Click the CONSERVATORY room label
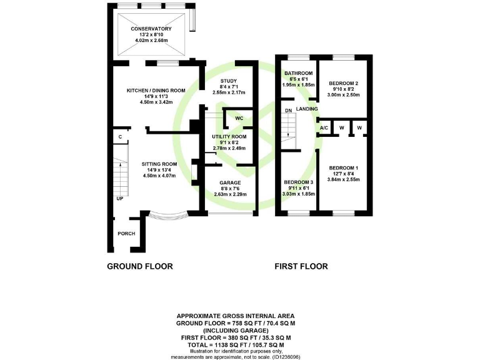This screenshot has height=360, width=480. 151,29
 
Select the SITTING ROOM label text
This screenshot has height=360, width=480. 151,164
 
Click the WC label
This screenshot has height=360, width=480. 239,118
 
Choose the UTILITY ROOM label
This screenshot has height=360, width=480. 229,136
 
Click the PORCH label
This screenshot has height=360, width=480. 126,234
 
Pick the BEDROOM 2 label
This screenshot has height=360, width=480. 344,83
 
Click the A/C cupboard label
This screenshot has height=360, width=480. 324,127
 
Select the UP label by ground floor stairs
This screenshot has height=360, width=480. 119,199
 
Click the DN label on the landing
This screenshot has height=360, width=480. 288,111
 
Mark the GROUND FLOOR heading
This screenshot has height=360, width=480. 140,266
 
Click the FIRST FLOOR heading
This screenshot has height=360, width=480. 301,266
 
